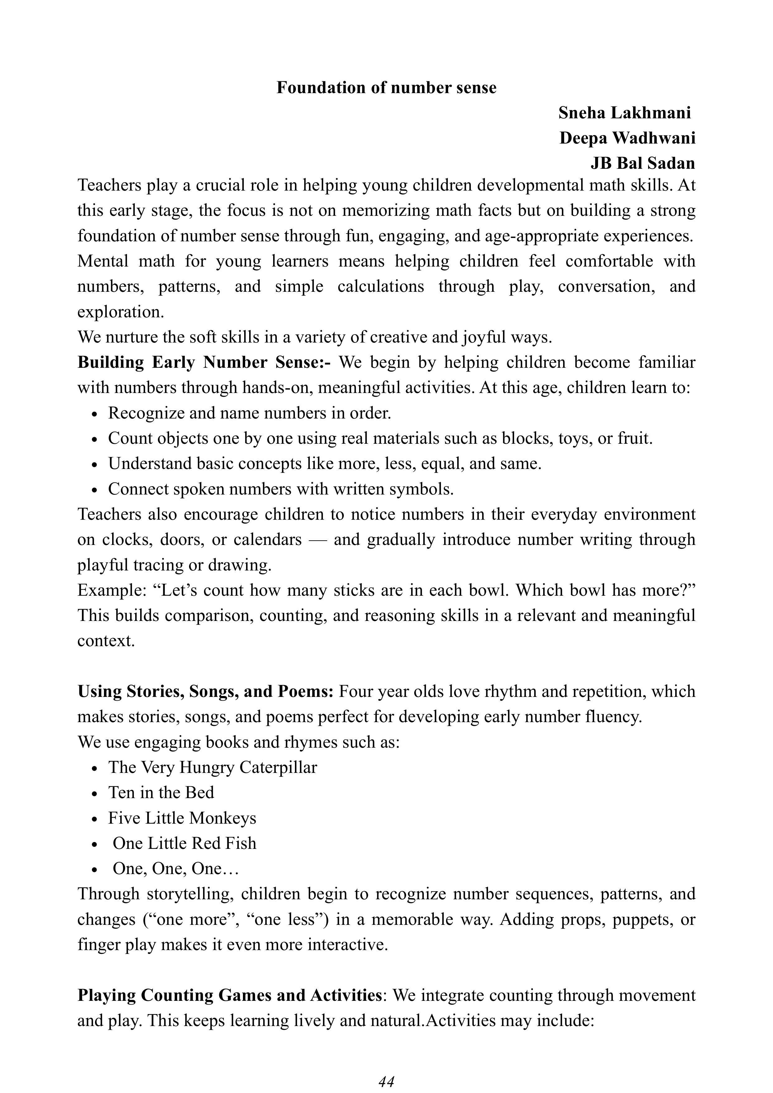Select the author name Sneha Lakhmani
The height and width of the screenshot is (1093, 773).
pos(624,113)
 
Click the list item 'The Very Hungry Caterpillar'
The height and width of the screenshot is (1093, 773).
pos(212,767)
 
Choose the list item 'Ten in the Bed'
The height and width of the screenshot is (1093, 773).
pos(161,793)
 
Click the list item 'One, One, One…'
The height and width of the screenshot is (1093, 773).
pos(175,869)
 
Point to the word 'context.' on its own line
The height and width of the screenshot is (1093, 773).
pos(106,641)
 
